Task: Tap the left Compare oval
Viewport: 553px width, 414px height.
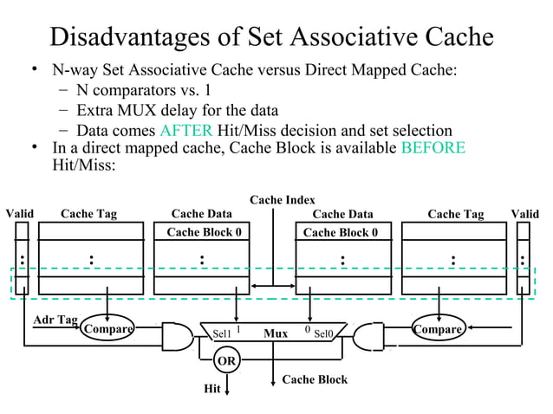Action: [107, 329]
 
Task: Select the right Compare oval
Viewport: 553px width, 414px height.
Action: [439, 329]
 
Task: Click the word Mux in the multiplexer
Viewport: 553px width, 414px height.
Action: [276, 333]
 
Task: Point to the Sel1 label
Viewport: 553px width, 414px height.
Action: [223, 333]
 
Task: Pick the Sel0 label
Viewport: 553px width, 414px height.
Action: [323, 333]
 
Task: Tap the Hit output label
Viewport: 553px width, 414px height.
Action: [212, 390]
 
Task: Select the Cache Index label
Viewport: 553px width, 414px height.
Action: [283, 200]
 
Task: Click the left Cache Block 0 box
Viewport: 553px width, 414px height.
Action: [204, 232]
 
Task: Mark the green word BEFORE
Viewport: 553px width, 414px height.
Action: [433, 148]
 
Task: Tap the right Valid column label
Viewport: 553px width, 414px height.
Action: [524, 215]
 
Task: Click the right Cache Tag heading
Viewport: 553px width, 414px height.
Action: [456, 215]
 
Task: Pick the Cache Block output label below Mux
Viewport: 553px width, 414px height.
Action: [315, 379]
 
